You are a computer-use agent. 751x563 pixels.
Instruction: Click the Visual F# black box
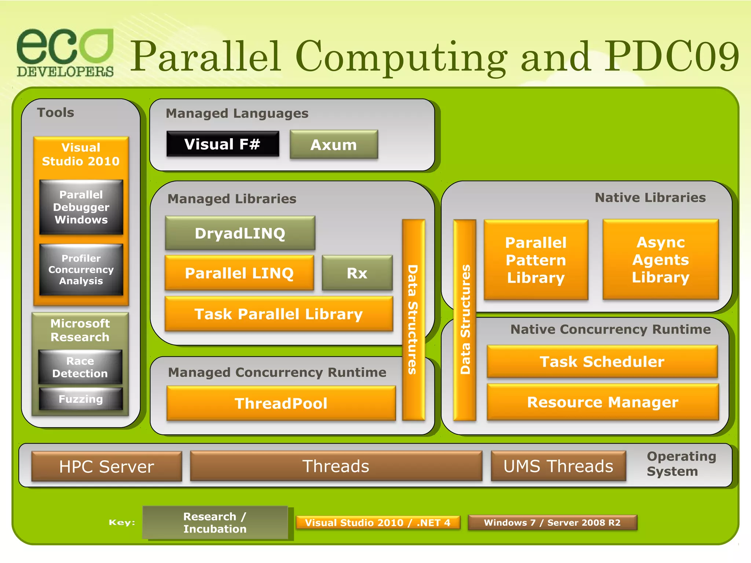tap(223, 144)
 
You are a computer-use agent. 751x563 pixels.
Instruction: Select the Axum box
tap(334, 145)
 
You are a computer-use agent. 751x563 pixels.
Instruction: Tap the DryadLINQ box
tap(240, 233)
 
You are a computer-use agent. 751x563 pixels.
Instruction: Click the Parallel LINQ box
tap(239, 273)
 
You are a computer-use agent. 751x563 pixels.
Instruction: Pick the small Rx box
tap(357, 273)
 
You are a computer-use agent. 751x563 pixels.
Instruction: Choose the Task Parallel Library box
tap(279, 314)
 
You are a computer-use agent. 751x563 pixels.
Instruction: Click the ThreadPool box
tap(281, 403)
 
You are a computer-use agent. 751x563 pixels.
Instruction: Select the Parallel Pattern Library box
tap(536, 260)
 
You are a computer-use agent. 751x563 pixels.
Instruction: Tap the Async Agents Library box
tap(660, 260)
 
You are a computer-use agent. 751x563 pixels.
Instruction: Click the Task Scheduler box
tap(602, 361)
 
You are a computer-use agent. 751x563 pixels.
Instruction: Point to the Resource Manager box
tap(603, 402)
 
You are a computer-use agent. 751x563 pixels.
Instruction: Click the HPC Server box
tap(107, 467)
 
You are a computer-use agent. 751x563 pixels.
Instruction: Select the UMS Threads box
tap(558, 466)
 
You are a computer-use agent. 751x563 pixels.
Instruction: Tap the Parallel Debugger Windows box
tap(81, 207)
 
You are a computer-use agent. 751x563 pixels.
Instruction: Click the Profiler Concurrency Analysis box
tap(81, 270)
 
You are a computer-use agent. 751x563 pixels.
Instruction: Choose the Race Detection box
tap(80, 367)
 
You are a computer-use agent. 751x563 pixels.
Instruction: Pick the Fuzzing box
tap(81, 399)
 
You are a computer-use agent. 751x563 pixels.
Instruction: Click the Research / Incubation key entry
tap(215, 523)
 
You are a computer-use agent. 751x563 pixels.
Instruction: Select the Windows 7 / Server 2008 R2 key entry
tap(552, 523)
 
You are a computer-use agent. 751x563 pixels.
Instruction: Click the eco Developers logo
tap(65, 52)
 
